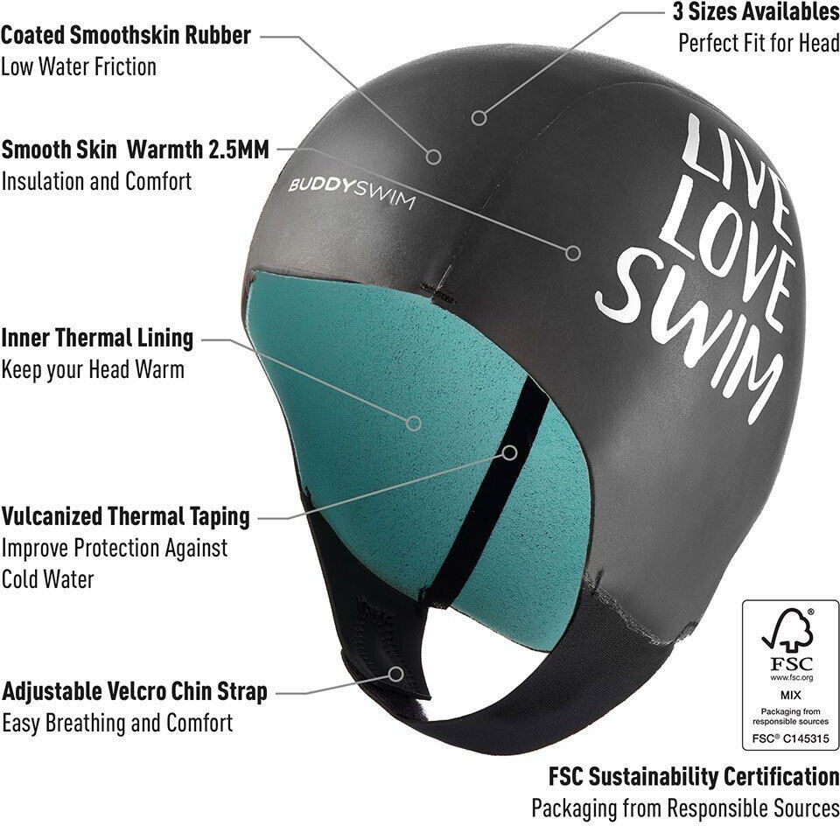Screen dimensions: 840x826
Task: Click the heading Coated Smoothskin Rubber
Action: (x=126, y=36)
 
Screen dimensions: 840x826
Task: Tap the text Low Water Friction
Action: (x=79, y=66)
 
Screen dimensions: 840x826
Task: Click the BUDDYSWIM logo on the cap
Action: (x=351, y=192)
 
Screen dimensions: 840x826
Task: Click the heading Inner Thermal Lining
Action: (x=97, y=338)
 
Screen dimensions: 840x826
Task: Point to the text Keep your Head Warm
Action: (x=93, y=369)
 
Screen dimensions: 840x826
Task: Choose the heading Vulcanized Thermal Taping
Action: (x=126, y=516)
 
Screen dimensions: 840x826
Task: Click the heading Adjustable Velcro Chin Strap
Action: (x=134, y=692)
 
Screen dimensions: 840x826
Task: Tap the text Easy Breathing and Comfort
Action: (x=117, y=724)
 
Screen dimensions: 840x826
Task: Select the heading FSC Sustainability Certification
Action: (x=694, y=776)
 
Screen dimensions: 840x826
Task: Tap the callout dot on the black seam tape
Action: (x=509, y=452)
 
